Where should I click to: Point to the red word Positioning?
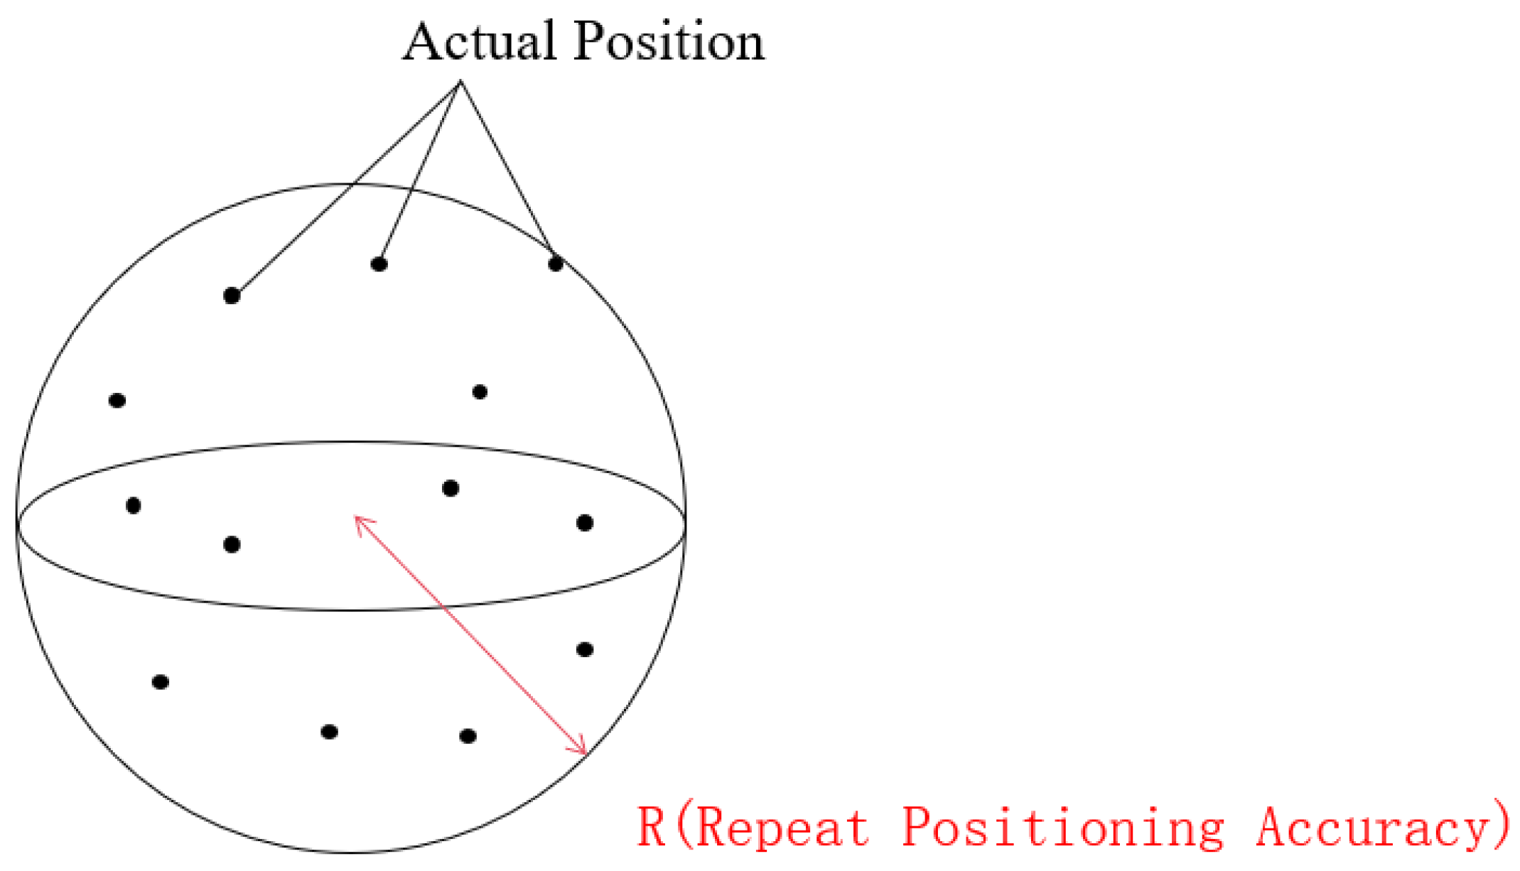tap(1063, 827)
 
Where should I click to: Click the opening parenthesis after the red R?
tap(684, 827)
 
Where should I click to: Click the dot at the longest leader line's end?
tap(232, 296)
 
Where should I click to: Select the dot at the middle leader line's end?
tap(379, 264)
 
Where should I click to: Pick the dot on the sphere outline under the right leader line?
tap(556, 264)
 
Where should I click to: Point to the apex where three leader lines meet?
tap(460, 82)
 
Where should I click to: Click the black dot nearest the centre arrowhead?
tap(451, 488)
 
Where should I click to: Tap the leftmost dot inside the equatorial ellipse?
tap(133, 506)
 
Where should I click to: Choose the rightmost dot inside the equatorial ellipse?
tap(585, 524)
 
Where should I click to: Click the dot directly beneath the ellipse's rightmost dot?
tap(585, 649)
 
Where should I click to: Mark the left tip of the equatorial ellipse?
tap(18, 526)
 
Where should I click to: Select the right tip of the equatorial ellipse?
tap(685, 526)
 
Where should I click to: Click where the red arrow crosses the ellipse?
tap(444, 608)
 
